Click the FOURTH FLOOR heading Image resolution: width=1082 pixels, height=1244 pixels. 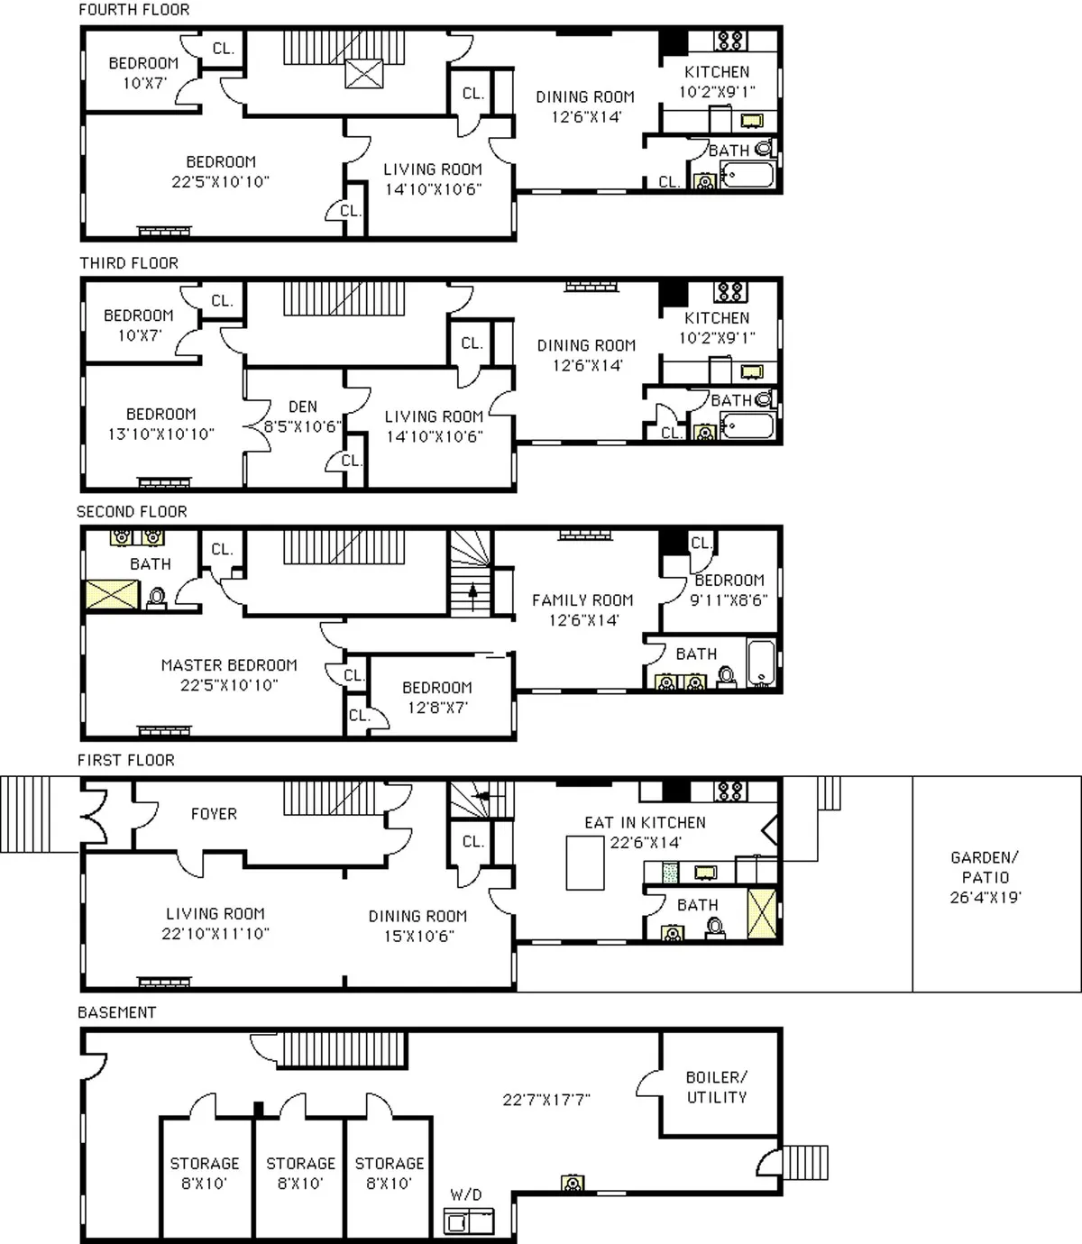[134, 10]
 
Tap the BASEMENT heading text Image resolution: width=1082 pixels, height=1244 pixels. [116, 1012]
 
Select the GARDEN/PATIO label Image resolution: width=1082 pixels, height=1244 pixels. [985, 877]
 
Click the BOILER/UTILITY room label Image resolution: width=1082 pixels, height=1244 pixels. [717, 1087]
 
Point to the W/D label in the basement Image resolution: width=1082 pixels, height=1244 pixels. [466, 1194]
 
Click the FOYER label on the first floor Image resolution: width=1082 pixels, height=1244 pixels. [214, 814]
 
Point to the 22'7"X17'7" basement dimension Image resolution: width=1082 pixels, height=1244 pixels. [546, 1100]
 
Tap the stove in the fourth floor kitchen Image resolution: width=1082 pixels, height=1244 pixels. [730, 41]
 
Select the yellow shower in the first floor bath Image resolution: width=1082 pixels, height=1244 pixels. [761, 914]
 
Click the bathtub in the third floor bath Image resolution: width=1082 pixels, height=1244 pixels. [747, 425]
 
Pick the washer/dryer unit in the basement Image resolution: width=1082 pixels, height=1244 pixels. [468, 1221]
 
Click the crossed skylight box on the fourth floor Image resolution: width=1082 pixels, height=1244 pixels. [364, 74]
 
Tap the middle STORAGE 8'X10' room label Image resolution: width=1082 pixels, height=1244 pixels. [300, 1173]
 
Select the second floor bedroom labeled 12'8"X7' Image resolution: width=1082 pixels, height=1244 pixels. [437, 697]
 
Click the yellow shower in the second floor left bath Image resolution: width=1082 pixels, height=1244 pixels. [112, 595]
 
